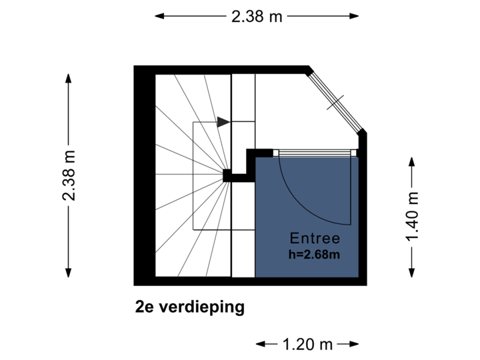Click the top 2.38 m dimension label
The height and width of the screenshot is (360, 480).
(x=257, y=16)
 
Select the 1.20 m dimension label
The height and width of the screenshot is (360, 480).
(x=307, y=344)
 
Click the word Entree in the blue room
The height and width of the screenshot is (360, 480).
(x=315, y=238)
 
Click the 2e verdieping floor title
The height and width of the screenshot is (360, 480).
(x=190, y=307)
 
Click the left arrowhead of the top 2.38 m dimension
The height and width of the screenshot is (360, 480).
(x=159, y=16)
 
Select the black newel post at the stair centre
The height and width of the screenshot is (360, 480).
(x=227, y=176)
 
